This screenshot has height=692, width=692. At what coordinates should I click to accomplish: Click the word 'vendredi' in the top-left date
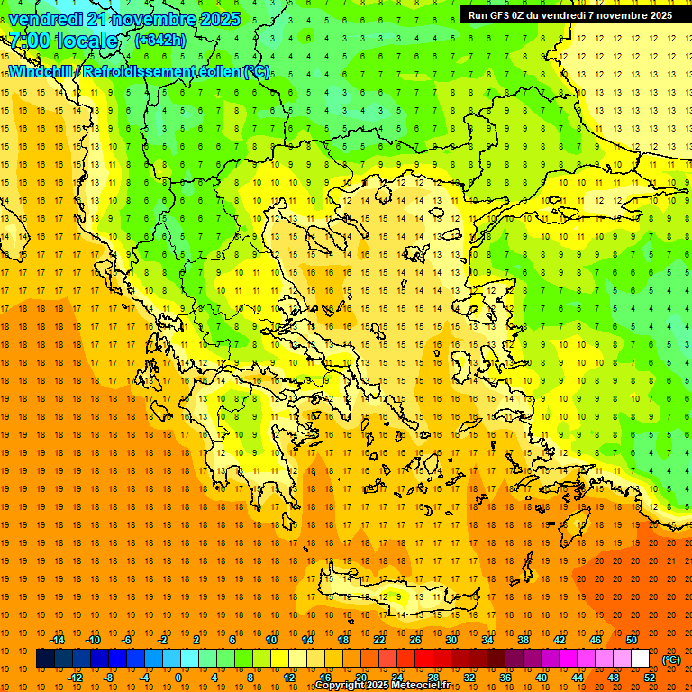coord(47,19)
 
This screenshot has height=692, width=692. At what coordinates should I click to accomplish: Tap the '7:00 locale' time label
coord(63,41)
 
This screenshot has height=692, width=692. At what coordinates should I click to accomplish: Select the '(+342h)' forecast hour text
coord(159,41)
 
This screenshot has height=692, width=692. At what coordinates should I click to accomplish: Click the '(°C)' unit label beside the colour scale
coord(671,660)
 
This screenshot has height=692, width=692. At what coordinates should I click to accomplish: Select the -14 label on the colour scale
coord(57,640)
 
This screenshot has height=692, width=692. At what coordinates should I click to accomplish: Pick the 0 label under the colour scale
coord(178,678)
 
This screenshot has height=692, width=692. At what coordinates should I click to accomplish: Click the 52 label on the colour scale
coord(650,678)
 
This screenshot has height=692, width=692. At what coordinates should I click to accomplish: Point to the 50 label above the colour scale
coord(632,640)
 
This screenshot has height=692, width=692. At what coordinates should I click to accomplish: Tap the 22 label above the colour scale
coord(379,640)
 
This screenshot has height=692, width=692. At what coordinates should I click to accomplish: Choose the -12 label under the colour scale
coord(75,678)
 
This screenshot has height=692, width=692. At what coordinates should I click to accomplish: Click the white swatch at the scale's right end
coord(640,659)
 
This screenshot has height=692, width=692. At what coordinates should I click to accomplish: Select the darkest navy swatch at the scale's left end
coord(45,659)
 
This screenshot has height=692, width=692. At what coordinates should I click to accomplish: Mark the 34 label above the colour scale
coord(487,640)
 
